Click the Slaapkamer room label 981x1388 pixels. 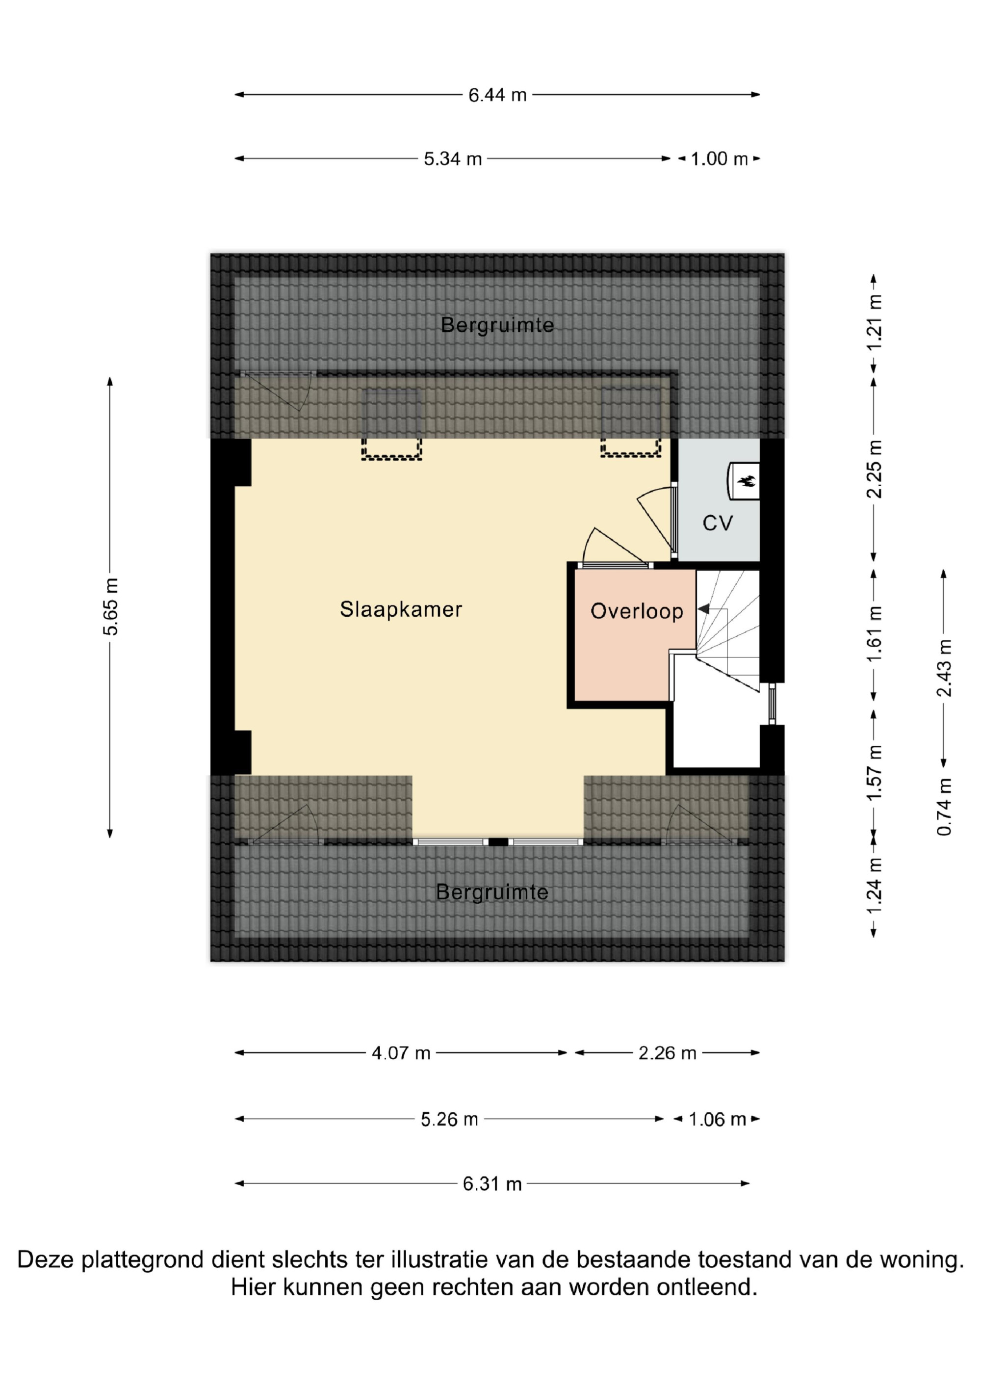tap(401, 609)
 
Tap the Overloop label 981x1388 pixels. tap(637, 611)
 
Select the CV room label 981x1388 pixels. tap(718, 523)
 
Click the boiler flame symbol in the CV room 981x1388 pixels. tap(747, 481)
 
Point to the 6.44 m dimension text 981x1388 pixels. tap(497, 95)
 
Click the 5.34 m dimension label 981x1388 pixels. tap(453, 159)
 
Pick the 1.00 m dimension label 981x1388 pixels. tap(719, 159)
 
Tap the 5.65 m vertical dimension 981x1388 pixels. tap(111, 606)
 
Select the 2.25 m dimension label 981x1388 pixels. tap(874, 470)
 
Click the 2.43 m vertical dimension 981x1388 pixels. tap(944, 667)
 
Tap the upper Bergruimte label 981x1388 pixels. tap(497, 325)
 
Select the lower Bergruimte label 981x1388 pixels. tap(492, 892)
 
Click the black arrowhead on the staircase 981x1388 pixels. tap(703, 609)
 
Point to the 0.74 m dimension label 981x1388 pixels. tap(944, 807)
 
